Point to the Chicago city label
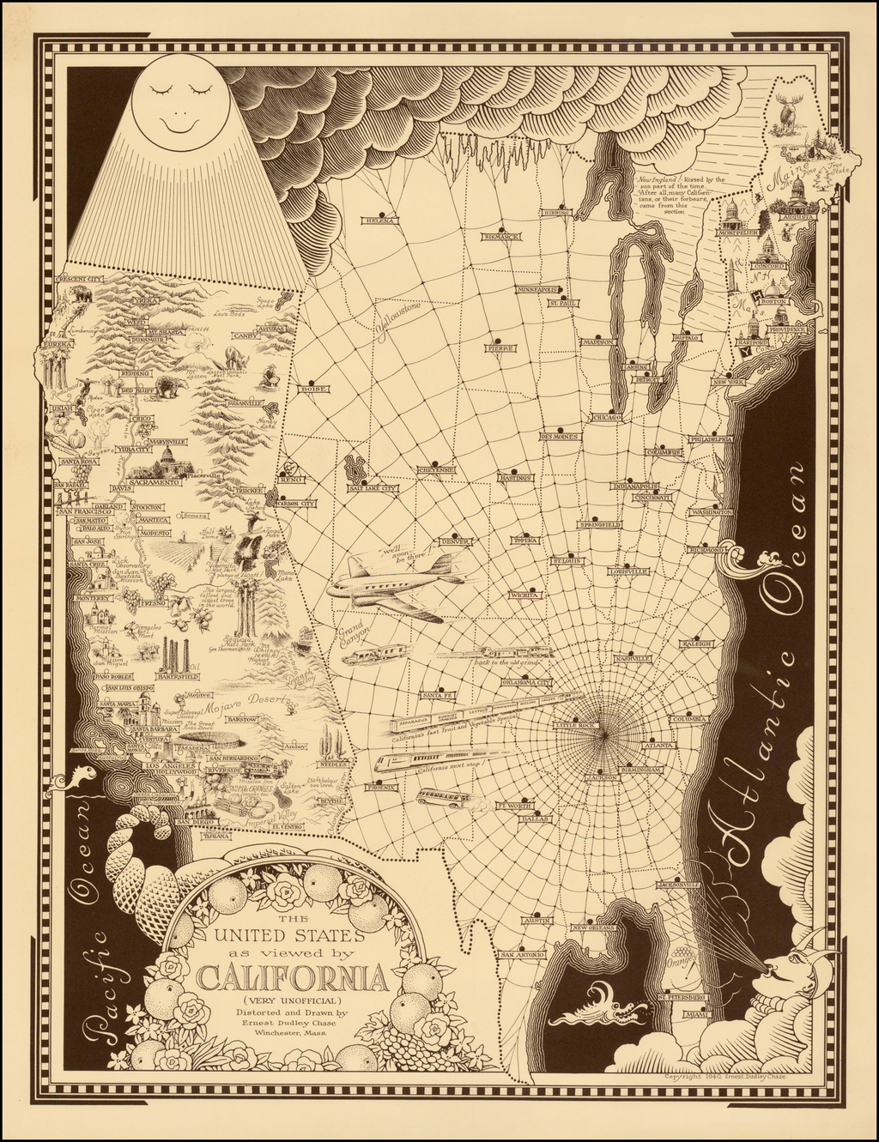pyautogui.click(x=608, y=417)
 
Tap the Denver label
pyautogui.click(x=452, y=541)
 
